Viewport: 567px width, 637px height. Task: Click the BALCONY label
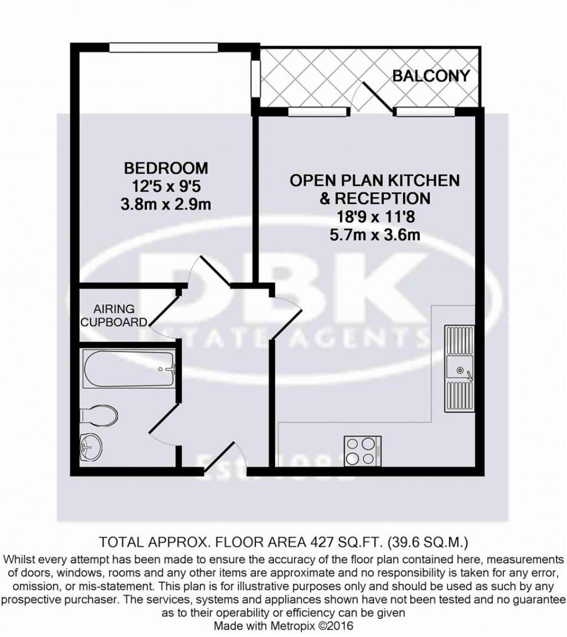(x=431, y=76)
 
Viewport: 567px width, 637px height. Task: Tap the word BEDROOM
(x=166, y=167)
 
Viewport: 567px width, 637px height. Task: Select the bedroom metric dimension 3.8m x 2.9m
(x=166, y=205)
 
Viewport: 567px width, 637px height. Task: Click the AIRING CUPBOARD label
(x=120, y=315)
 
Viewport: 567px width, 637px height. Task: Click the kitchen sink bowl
(x=458, y=368)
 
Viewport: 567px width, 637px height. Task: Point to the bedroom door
(x=208, y=271)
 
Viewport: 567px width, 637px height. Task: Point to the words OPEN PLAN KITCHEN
(x=375, y=180)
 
